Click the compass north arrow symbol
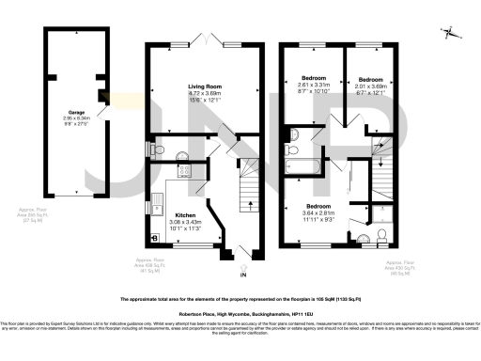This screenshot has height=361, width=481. tap(452, 34)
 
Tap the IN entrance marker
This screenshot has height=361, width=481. tap(242, 275)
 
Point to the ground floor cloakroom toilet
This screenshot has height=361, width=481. tap(155, 148)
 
